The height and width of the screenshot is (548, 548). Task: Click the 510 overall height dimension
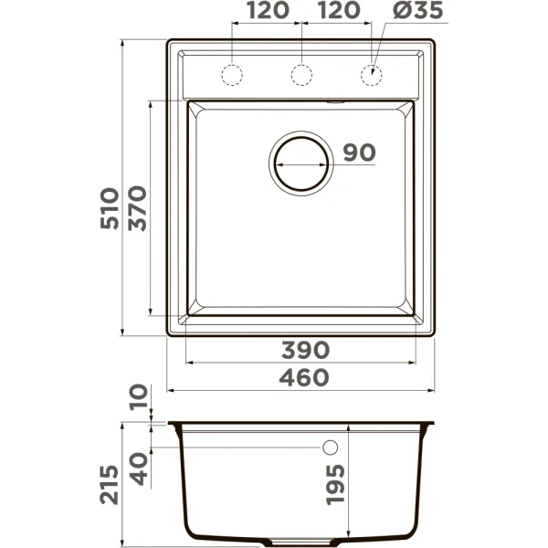(x=110, y=209)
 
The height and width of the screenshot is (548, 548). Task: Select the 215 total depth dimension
(x=110, y=484)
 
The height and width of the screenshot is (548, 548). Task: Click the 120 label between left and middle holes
(x=266, y=12)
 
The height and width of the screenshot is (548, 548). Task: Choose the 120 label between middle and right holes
(x=338, y=12)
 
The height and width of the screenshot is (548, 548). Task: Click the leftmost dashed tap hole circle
(x=232, y=75)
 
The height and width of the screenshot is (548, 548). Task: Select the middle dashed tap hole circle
(x=302, y=75)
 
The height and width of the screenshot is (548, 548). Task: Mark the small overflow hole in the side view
(x=331, y=448)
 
